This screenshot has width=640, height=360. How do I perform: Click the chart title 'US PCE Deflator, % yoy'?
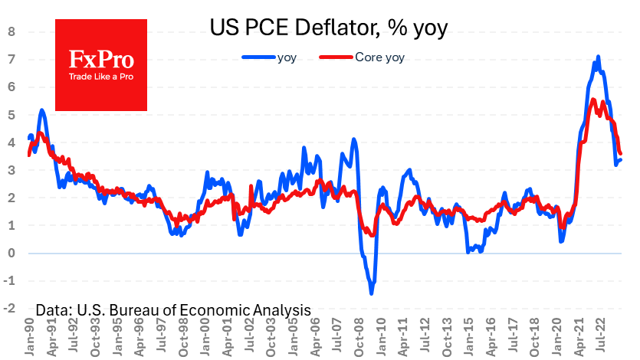coord(329,28)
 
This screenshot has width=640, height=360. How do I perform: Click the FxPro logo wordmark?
coord(101,60)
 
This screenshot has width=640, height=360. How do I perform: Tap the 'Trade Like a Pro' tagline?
coord(101,77)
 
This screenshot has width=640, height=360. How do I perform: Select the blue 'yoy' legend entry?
coord(277,57)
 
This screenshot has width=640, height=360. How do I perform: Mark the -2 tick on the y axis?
coord(10,309)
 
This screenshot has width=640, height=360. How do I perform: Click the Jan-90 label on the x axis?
coord(29,335)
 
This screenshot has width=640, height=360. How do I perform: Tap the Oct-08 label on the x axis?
coord(360,335)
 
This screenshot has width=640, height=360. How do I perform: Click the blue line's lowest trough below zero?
coord(372,293)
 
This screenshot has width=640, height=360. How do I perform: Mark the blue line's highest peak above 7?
coord(598,57)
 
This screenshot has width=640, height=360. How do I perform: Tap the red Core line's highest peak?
coord(593,100)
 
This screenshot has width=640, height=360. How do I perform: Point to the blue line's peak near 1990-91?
coord(41,110)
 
